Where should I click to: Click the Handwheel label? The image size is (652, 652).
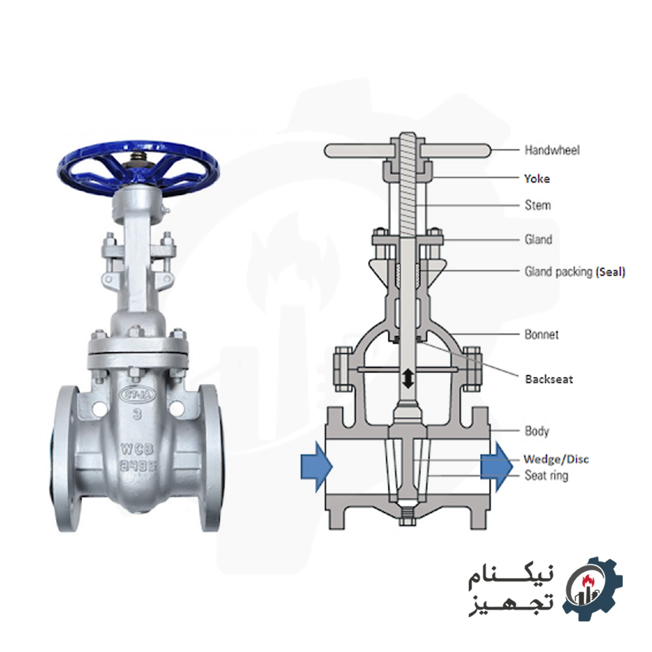tap(551, 150)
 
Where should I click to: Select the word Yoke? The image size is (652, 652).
tap(537, 179)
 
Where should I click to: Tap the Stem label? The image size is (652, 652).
tap(537, 205)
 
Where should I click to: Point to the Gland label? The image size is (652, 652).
tap(538, 240)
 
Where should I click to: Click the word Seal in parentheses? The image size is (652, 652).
tap(610, 272)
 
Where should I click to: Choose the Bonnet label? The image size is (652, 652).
tap(541, 334)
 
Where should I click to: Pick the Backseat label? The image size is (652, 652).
tap(549, 379)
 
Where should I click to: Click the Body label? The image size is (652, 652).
tap(537, 431)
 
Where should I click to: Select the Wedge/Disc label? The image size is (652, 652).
tap(556, 458)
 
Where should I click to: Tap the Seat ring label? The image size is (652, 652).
tap(546, 475)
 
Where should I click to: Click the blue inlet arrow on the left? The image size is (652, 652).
tap(316, 467)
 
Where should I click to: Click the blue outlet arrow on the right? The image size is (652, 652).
tap(497, 467)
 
